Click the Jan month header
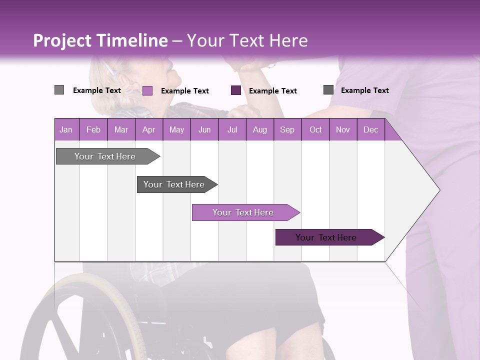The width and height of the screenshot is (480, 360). point(66,129)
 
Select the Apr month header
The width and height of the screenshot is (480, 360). point(148,129)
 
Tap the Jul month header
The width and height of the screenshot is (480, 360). point(232,129)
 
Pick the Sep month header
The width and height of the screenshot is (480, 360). point(287,129)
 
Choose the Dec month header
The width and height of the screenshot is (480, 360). point(370,129)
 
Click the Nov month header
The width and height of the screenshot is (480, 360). point(342,129)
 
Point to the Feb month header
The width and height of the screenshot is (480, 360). point(93,129)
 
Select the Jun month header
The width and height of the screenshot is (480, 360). point(204,129)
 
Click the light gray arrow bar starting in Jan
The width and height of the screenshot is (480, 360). point(105,156)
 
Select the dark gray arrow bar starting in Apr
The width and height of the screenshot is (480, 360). point(174,184)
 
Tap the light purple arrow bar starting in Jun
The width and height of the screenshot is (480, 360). point(243,212)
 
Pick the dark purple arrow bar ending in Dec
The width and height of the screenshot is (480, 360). point(326,237)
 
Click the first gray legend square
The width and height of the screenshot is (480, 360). point(59,90)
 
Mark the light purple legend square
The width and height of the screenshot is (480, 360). point(147,90)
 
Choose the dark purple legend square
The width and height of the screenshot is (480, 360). point(236,90)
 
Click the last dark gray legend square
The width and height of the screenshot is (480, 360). point(328,90)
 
